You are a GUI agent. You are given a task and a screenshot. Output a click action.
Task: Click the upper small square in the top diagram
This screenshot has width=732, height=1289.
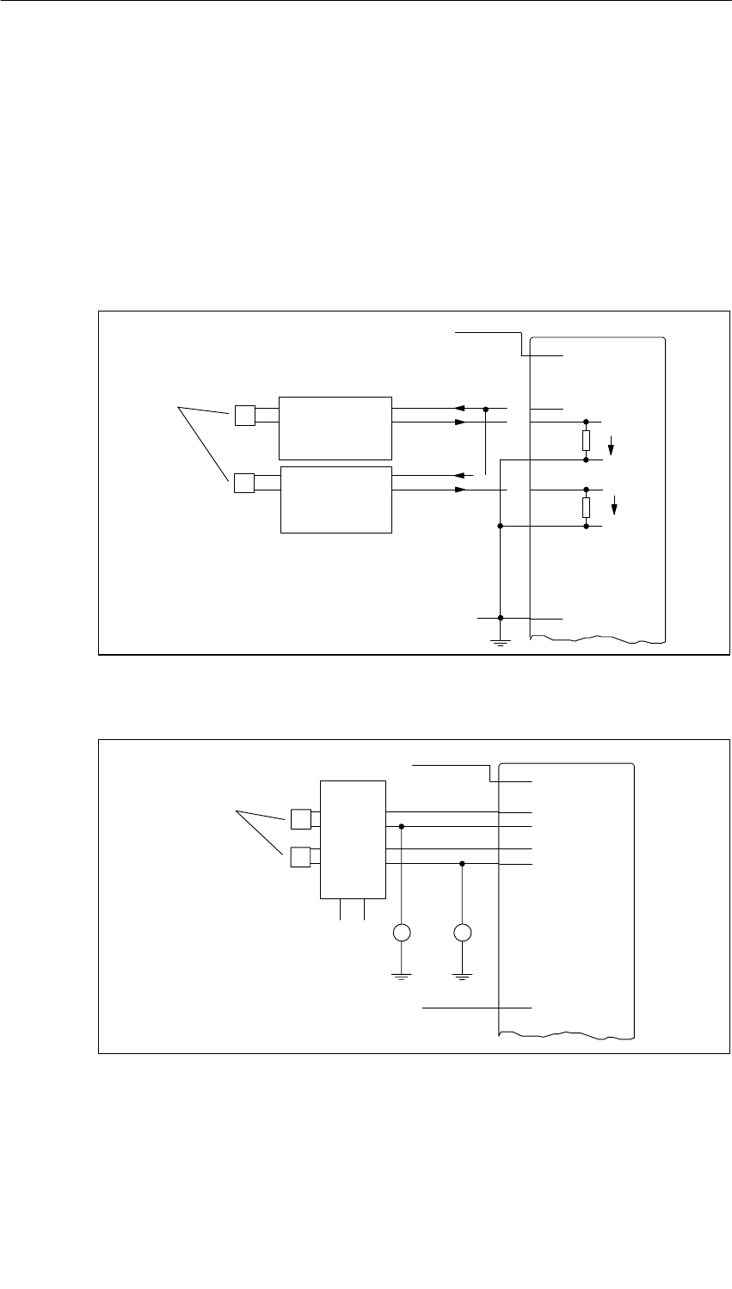pos(244,416)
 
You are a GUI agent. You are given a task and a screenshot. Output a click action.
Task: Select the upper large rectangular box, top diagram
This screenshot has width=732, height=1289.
pos(335,428)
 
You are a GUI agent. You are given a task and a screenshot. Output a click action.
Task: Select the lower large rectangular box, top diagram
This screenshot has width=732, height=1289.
pos(336,500)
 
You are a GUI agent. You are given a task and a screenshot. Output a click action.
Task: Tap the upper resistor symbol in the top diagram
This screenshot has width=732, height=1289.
pos(586,441)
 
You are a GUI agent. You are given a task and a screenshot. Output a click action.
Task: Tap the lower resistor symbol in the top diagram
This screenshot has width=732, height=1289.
pos(586,507)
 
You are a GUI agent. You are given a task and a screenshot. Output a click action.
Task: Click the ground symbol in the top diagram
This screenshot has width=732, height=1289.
pos(500,639)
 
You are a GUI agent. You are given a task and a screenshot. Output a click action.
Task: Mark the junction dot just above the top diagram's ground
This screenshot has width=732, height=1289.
pos(500,618)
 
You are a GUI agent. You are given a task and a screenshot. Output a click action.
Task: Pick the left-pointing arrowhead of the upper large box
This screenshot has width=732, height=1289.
pos(461,408)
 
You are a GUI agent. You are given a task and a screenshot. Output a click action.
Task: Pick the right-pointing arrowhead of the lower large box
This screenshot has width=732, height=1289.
pos(461,490)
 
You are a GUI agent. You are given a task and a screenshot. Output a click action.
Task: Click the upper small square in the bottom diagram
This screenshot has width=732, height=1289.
pos(300,818)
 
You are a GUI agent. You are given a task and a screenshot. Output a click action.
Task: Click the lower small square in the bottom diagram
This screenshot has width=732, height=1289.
pos(300,856)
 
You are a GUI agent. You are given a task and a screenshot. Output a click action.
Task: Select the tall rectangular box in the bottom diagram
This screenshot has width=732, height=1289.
pos(353,839)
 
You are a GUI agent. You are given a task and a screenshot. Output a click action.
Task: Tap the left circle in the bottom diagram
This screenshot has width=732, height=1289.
pos(402,933)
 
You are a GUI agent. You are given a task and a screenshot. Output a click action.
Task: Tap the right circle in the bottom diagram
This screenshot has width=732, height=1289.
pos(463,933)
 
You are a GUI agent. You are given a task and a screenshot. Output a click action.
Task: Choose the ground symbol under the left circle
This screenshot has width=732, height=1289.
pos(402,974)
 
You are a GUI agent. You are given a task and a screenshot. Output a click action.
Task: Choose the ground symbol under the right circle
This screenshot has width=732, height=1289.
pos(463,974)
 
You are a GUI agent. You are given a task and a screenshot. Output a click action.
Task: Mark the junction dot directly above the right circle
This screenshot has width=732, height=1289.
pos(463,863)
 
